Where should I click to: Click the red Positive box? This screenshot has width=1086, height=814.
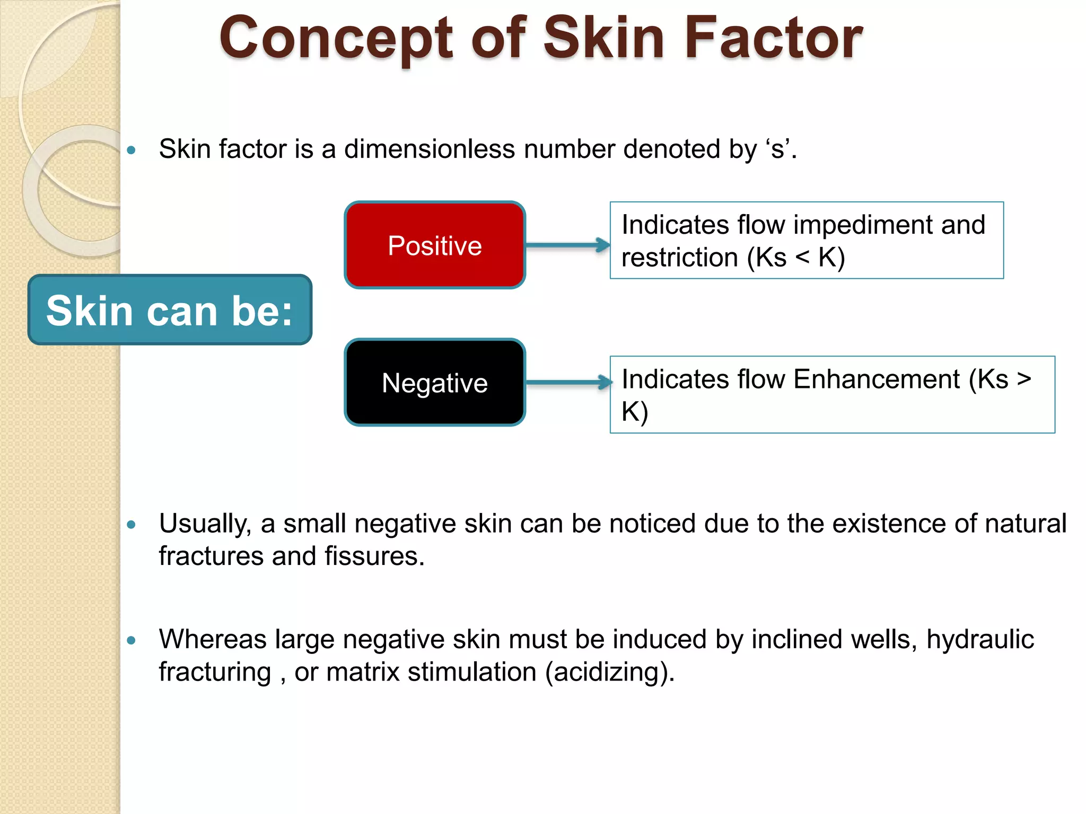435,245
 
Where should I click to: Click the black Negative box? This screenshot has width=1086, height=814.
435,383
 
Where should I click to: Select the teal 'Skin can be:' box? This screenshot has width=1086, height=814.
170,310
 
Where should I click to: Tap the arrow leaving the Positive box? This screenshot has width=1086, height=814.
567,245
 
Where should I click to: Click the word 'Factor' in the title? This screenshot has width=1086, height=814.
773,38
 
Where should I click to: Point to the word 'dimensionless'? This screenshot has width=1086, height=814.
430,149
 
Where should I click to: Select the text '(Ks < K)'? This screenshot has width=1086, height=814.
795,258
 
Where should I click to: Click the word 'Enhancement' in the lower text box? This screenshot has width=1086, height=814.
877,379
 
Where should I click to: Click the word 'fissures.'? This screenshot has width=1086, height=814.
374,556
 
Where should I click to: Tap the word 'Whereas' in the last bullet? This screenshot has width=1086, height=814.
212,639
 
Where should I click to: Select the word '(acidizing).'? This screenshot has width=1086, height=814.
610,672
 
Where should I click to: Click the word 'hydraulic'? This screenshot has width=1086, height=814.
980,639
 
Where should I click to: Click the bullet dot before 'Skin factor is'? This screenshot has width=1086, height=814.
132,150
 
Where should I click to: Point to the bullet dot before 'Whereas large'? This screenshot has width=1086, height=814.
132,640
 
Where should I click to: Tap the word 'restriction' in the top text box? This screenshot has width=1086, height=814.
680,258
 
